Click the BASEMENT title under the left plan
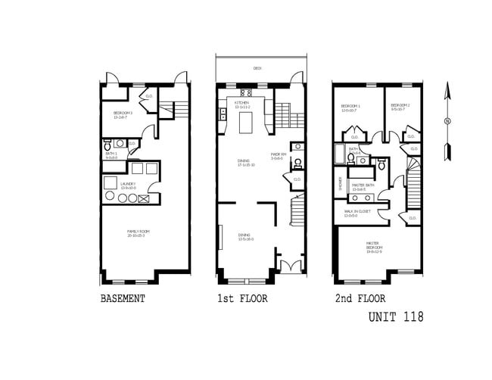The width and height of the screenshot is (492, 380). (123, 299)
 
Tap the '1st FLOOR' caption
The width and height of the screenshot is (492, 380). (242, 299)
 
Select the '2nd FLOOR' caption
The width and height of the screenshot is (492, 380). (360, 299)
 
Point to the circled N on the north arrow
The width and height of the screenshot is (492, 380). (448, 121)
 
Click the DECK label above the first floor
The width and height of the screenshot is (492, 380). (257, 68)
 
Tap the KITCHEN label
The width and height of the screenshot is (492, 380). (242, 103)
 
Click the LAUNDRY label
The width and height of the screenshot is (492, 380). (129, 184)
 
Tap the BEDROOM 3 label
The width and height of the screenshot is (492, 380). (123, 114)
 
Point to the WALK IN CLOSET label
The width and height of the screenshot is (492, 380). (356, 213)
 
